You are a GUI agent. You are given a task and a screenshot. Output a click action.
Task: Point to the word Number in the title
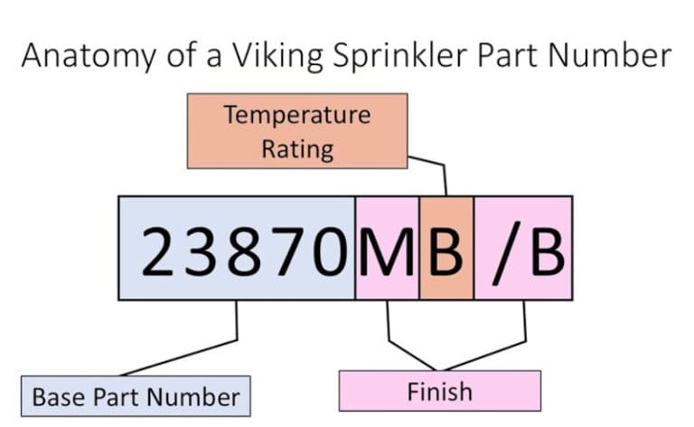click(x=610, y=55)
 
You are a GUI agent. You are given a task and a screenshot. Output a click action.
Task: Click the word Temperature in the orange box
click(x=297, y=115)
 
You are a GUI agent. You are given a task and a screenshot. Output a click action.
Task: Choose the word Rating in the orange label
click(x=297, y=147)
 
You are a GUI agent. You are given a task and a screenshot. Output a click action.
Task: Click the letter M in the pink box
click(x=387, y=249)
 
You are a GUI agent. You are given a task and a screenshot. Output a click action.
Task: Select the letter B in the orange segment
click(x=445, y=249)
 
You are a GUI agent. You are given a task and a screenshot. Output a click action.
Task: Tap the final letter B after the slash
click(x=545, y=249)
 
